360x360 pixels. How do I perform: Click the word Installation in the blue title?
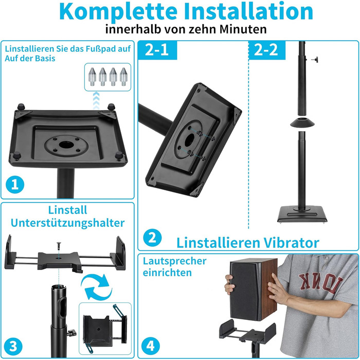click(x=248, y=11)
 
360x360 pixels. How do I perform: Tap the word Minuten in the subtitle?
click(x=243, y=29)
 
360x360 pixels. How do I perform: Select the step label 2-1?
click(x=157, y=49)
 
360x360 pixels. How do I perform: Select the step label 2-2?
click(x=266, y=49)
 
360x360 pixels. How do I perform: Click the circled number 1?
click(x=15, y=185)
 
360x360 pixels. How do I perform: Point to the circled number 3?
click(x=13, y=346)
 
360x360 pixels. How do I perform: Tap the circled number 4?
click(x=151, y=346)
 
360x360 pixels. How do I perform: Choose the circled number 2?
click(x=152, y=238)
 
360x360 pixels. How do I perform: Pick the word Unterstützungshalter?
click(x=67, y=223)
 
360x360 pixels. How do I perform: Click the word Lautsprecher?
click(x=174, y=261)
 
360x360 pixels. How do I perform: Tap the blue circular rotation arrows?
click(x=97, y=287)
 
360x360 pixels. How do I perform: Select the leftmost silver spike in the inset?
click(x=92, y=77)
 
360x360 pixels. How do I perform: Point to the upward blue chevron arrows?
click(x=96, y=101)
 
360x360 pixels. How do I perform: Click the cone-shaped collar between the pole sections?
click(x=302, y=122)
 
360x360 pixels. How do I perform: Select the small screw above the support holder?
click(x=59, y=246)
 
